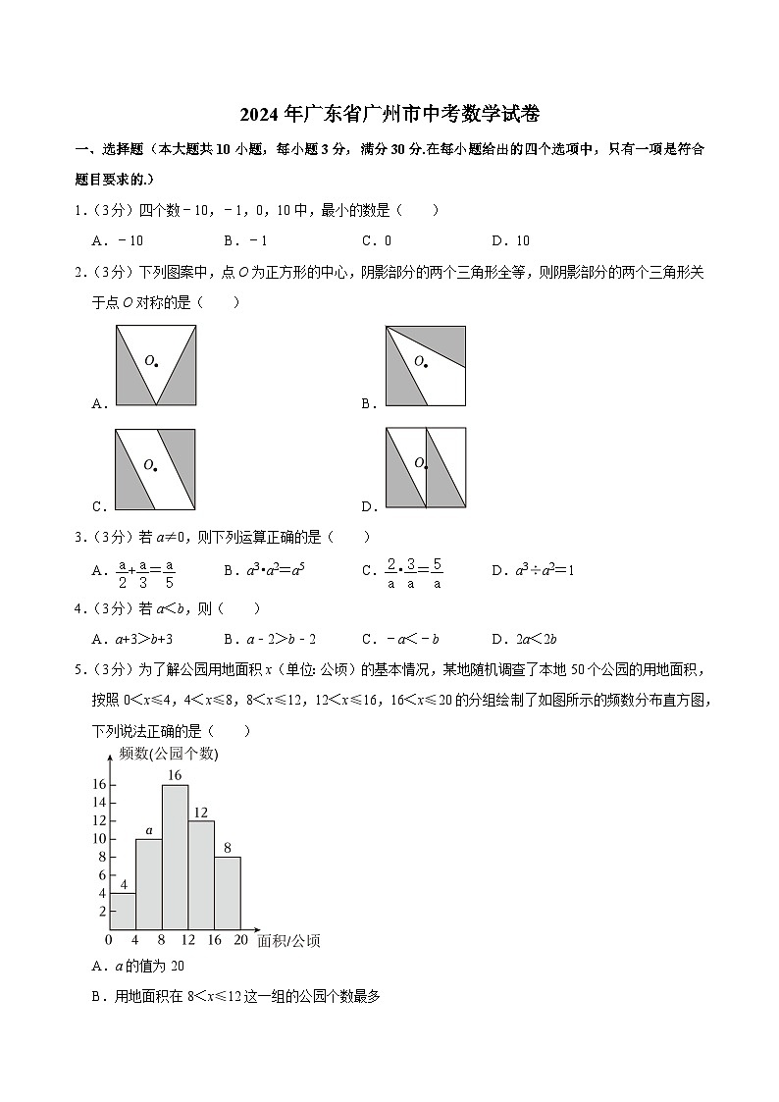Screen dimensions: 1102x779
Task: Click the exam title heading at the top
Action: click(389, 115)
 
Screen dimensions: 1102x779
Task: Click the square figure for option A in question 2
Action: click(155, 365)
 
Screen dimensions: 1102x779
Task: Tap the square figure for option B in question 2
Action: click(425, 365)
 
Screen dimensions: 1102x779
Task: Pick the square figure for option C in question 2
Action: click(155, 469)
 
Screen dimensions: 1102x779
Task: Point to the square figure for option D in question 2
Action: click(425, 468)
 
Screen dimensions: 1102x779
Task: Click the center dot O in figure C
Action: click(155, 469)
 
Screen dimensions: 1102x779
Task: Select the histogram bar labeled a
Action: click(149, 883)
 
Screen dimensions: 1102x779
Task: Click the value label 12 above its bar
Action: click(201, 812)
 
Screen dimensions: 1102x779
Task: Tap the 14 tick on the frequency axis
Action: click(99, 803)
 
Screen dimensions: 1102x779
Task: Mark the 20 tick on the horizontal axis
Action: click(240, 941)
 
